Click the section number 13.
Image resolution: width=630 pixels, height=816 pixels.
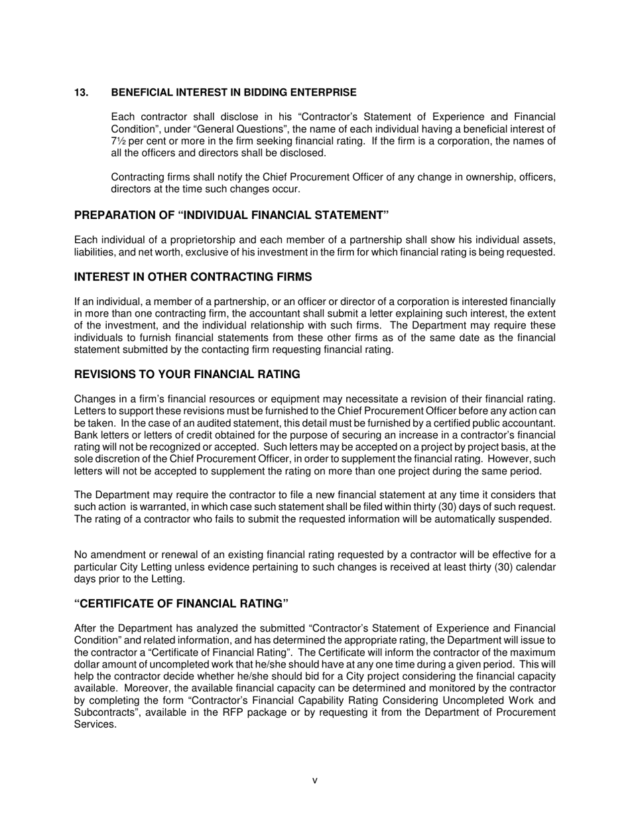coord(81,92)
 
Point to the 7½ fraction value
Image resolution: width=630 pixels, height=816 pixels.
coord(117,141)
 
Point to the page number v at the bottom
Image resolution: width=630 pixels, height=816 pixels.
coord(315,781)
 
